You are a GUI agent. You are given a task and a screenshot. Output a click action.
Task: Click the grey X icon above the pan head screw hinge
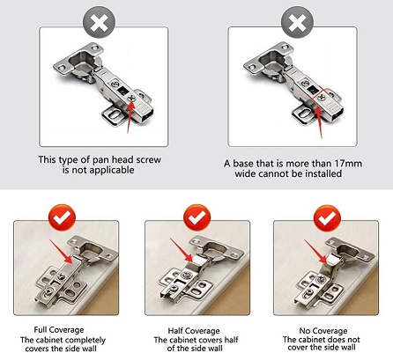tap(99, 22)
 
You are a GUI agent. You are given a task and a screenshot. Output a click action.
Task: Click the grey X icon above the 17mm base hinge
tap(297, 22)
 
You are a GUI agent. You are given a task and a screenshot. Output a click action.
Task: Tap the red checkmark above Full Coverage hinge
tap(63, 218)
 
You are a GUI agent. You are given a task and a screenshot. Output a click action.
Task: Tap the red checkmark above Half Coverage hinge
tap(196, 218)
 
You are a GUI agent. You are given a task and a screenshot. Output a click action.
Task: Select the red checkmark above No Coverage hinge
tap(327, 218)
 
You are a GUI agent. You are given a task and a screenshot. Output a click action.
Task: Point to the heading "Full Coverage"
tap(59, 330)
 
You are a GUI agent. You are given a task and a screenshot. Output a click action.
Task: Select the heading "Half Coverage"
tap(194, 331)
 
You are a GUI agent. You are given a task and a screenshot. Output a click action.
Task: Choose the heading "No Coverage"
tap(323, 331)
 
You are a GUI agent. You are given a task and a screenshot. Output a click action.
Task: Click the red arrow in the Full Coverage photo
tap(61, 252)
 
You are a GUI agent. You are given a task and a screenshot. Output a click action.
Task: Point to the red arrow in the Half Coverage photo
tap(182, 250)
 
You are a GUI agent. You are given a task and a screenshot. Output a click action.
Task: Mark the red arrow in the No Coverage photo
tap(315, 252)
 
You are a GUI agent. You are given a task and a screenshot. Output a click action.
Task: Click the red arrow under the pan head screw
tap(130, 115)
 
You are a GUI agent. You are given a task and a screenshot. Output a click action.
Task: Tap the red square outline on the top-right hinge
tap(321, 97)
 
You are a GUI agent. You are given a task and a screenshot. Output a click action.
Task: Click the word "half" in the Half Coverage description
tap(231, 340)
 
